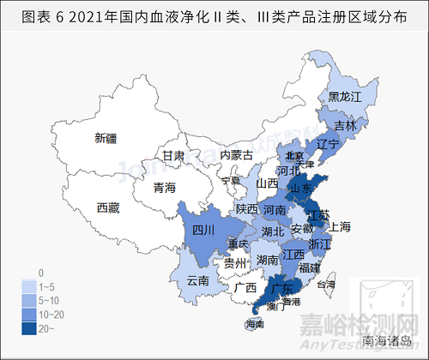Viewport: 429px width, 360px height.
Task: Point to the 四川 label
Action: click(203, 230)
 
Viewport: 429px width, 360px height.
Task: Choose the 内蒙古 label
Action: click(236, 155)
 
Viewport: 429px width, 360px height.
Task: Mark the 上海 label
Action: click(340, 226)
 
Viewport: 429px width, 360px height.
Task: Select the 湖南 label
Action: click(269, 260)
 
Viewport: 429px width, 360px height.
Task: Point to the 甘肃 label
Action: click(174, 156)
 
